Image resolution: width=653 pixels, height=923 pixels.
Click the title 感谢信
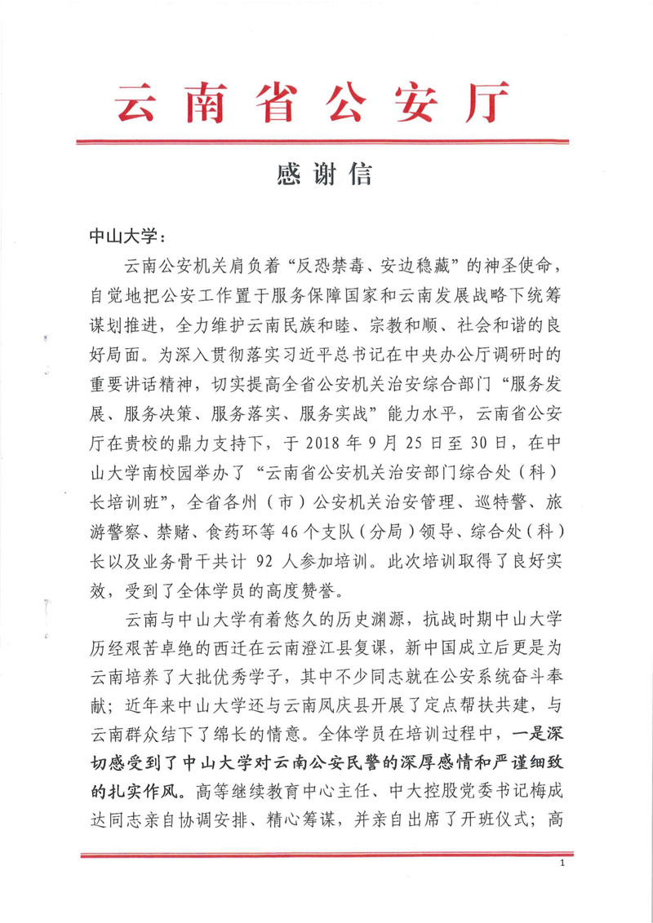click(x=326, y=175)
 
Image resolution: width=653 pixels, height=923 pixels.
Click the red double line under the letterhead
click(x=326, y=143)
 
